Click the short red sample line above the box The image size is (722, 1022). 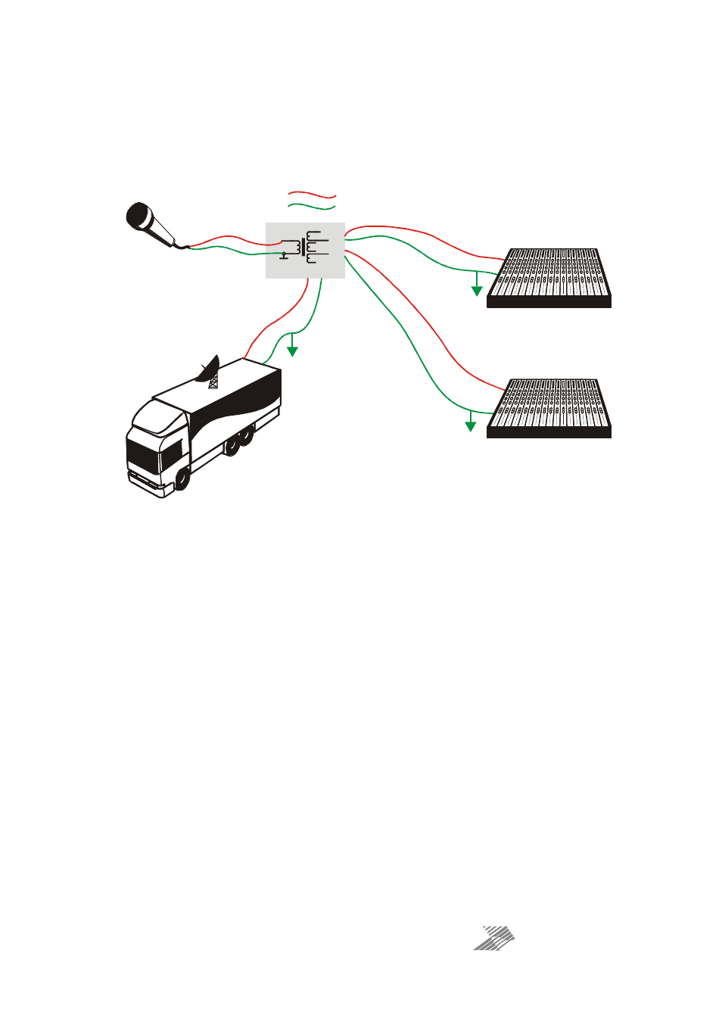pos(311,196)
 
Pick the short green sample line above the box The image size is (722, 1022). pos(311,207)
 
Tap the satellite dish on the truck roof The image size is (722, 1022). pos(208,369)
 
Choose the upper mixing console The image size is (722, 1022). pos(549,277)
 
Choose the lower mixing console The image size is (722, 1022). pos(549,408)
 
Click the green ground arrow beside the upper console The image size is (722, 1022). pos(477,290)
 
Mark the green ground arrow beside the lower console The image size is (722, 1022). pos(471,425)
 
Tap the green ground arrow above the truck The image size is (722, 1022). pos(292,350)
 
